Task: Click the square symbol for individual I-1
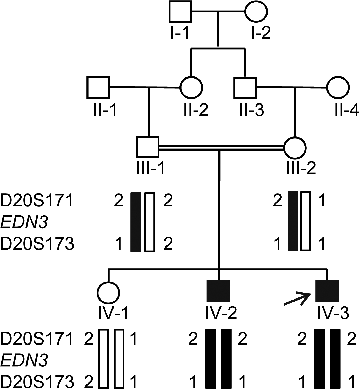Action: click(180, 11)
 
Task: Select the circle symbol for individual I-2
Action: click(256, 11)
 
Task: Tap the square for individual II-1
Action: click(98, 88)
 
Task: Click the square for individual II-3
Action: click(245, 88)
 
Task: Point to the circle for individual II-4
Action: click(338, 88)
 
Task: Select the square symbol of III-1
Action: click(148, 147)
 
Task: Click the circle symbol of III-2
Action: click(295, 148)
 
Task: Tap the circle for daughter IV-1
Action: click(109, 293)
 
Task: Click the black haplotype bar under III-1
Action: click(136, 222)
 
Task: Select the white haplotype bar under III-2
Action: click(305, 221)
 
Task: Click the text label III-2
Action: click(301, 168)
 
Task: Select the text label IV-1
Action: click(113, 313)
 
